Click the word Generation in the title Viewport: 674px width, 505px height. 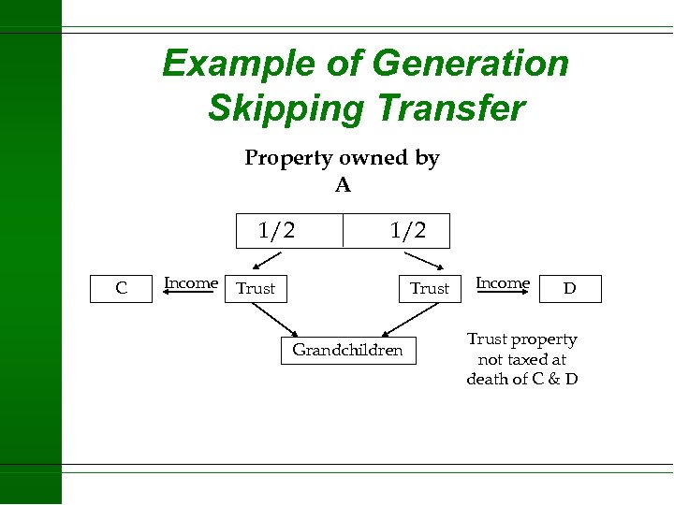pos(470,64)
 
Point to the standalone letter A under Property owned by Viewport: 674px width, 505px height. pos(343,185)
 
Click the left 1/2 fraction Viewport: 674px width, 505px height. pos(276,230)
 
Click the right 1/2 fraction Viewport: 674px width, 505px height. pos(408,230)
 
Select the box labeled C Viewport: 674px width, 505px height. pos(121,288)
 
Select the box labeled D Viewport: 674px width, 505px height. pos(569,289)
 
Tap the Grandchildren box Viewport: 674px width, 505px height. pos(347,350)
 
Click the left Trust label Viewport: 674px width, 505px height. pos(256,288)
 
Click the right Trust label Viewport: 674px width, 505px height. pos(430,288)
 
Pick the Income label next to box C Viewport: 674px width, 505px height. pos(191,282)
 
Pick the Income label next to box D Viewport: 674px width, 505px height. pos(503,282)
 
